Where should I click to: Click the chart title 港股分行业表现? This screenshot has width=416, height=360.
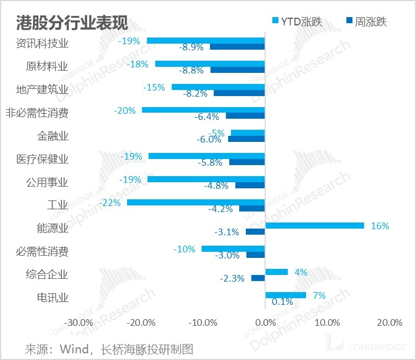click(x=72, y=23)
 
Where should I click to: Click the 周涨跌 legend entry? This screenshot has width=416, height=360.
click(x=366, y=22)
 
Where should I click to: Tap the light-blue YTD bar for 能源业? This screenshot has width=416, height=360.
click(x=314, y=225)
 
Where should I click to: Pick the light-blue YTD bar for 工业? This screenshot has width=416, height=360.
click(x=196, y=203)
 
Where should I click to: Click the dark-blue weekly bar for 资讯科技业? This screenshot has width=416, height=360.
click(x=238, y=47)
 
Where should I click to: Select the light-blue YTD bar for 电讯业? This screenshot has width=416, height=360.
click(x=285, y=295)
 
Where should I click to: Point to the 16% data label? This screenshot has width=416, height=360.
click(x=380, y=226)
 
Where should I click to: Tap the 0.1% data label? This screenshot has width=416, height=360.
click(x=282, y=302)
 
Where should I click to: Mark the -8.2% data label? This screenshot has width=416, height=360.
click(x=196, y=94)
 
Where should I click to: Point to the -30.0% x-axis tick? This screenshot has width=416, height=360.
click(x=79, y=322)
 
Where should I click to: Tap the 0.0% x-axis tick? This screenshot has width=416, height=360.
click(x=265, y=322)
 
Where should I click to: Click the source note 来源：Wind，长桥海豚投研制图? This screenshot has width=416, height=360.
click(x=109, y=349)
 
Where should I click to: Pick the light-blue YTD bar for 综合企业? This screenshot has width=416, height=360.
click(x=276, y=272)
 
